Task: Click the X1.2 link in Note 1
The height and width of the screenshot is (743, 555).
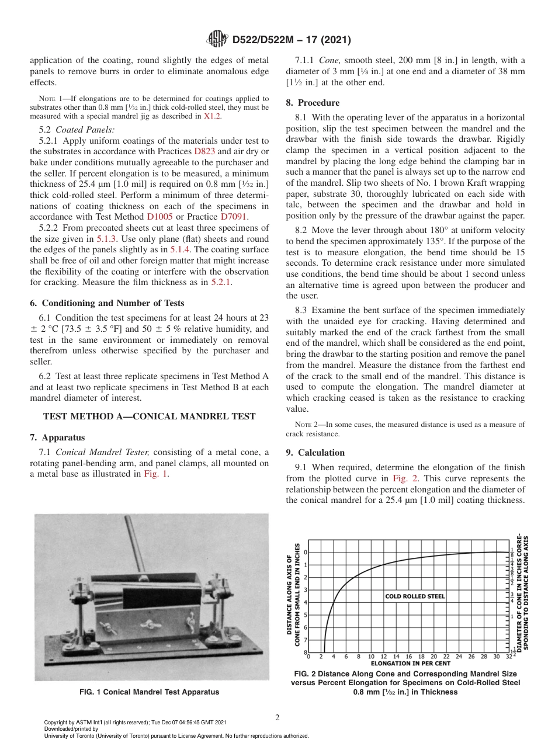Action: pyautogui.click(x=212, y=116)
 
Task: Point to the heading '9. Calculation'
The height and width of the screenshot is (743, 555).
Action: pyautogui.click(x=315, y=453)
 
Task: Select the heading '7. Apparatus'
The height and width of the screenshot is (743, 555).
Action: pyautogui.click(x=57, y=437)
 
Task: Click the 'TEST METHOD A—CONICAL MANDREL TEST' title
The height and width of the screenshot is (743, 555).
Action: pyautogui.click(x=150, y=416)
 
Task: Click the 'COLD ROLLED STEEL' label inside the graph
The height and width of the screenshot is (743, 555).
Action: pyautogui.click(x=415, y=596)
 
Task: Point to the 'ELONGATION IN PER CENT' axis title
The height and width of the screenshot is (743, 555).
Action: pyautogui.click(x=411, y=664)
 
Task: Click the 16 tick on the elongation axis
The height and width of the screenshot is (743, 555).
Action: pyautogui.click(x=409, y=657)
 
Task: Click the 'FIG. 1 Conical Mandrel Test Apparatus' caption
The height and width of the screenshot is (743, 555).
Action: pyautogui.click(x=150, y=692)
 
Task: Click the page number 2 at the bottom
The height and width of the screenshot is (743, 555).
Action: pyautogui.click(x=277, y=717)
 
